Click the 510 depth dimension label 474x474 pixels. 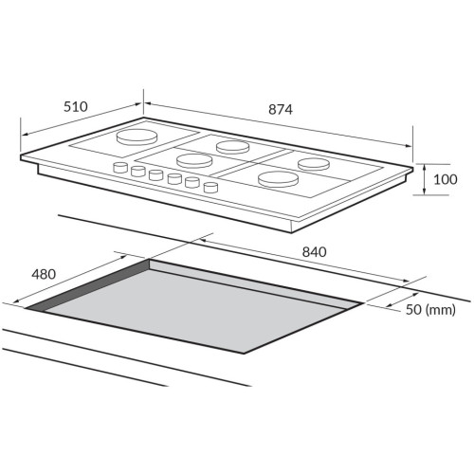(x=76, y=107)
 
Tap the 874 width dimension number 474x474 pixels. (x=281, y=110)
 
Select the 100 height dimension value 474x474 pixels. (x=446, y=179)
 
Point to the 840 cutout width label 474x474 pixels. (x=315, y=252)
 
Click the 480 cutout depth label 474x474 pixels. (x=44, y=274)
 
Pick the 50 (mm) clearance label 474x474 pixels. (x=430, y=310)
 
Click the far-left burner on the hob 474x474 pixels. (x=137, y=137)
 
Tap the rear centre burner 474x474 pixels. (x=233, y=147)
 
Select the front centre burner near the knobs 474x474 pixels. (x=194, y=160)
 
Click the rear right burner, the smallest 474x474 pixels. (x=314, y=164)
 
